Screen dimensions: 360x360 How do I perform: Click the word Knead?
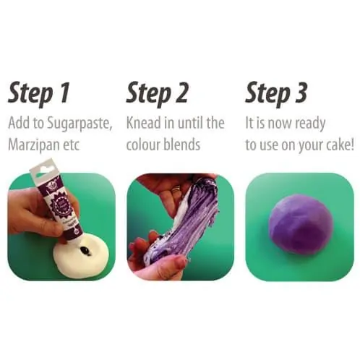point(144,123)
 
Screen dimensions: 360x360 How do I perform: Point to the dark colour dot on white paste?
point(86,251)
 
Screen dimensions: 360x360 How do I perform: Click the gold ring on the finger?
point(176,189)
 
